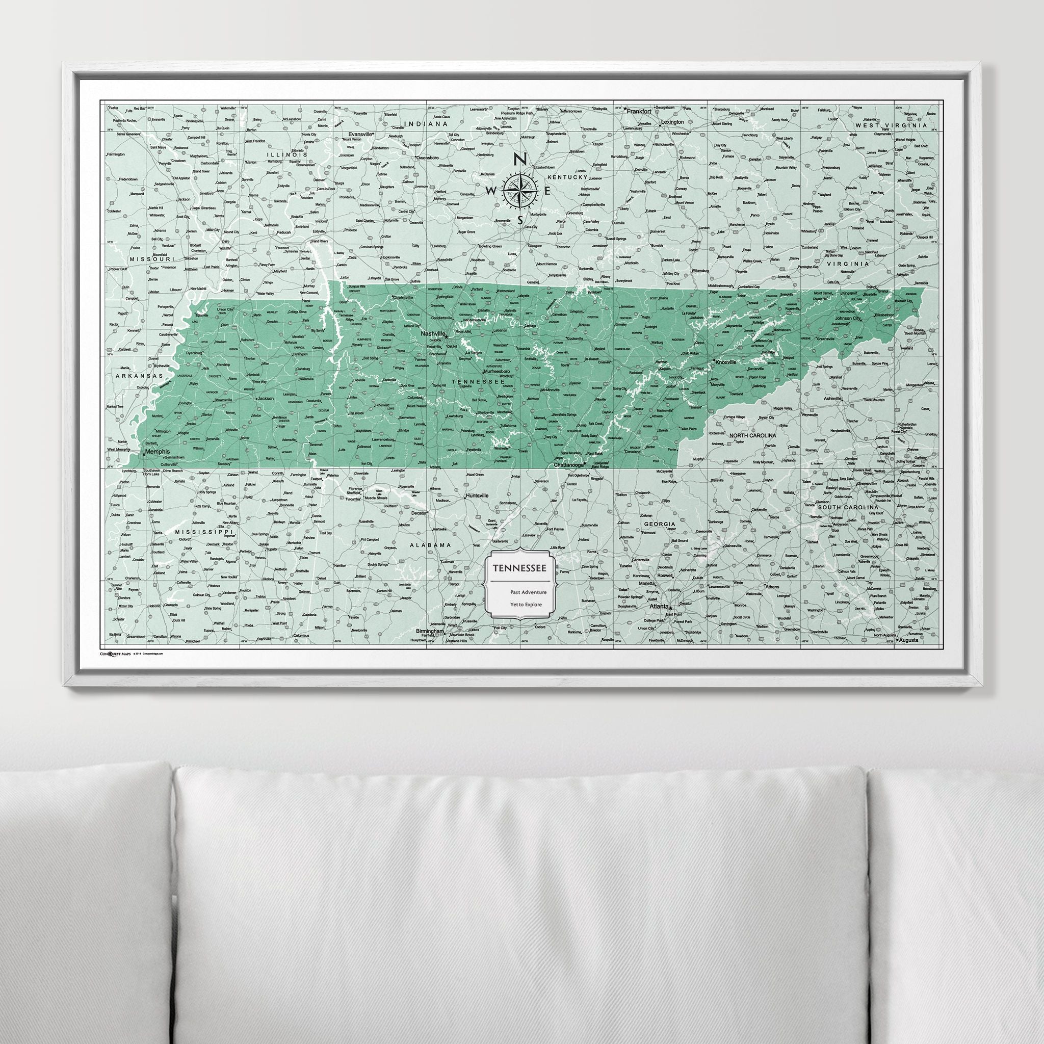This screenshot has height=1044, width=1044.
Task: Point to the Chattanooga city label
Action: tap(570, 465)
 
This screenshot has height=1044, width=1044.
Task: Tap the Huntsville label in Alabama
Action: tap(477, 495)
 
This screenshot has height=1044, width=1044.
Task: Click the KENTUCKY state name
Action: tap(567, 177)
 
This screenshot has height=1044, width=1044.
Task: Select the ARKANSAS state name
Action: tap(139, 376)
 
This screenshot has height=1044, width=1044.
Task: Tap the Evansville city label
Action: tap(360, 134)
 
